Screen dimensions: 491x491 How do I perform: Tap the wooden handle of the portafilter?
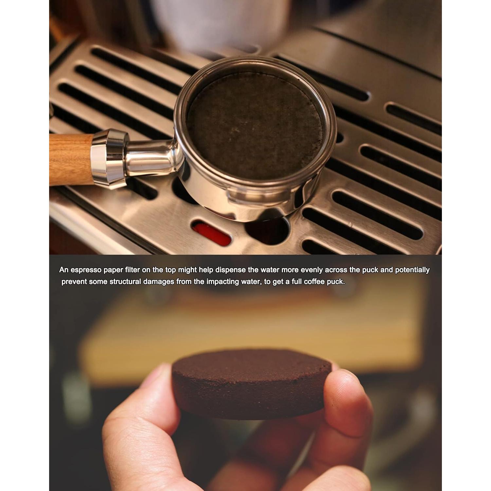tap(71, 159)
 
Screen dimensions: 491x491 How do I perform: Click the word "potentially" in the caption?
tap(412, 270)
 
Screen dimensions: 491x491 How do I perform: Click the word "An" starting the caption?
tap(64, 270)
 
